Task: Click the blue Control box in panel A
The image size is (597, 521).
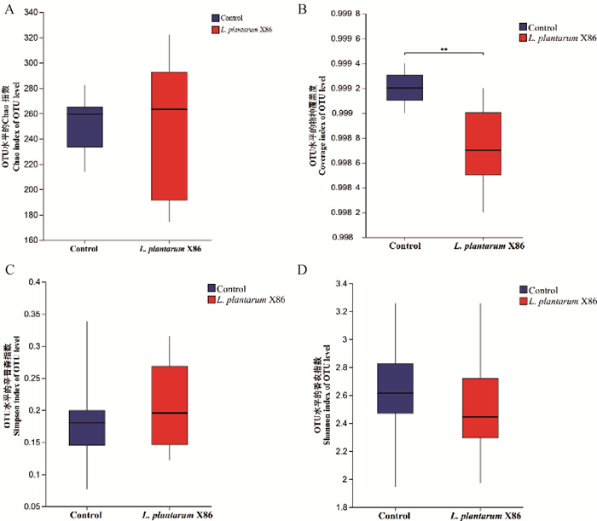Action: point(84,127)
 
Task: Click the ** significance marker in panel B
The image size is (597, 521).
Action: point(444,50)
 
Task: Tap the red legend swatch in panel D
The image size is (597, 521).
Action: point(523,301)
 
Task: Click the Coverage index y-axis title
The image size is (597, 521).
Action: point(321,128)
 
